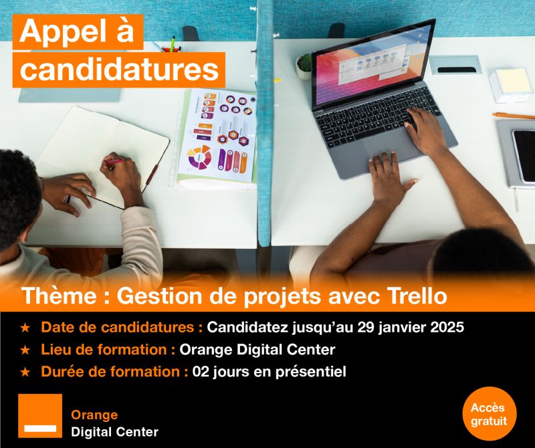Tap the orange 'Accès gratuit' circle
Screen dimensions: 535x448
[x=490, y=414]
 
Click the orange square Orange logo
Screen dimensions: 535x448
[x=40, y=416]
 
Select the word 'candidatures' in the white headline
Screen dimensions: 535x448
[x=119, y=70]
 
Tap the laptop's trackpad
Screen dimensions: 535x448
[x=387, y=144]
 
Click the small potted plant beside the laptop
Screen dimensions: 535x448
[x=304, y=67]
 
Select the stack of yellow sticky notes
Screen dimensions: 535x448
[x=510, y=84]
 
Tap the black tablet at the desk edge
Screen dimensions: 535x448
[x=524, y=155]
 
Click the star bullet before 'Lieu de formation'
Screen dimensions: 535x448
[x=25, y=350]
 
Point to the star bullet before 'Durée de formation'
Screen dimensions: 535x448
[x=25, y=372]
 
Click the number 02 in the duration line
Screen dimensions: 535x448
[x=200, y=372]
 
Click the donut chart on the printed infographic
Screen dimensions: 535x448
[x=200, y=157]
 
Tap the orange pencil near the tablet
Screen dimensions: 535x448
[x=514, y=116]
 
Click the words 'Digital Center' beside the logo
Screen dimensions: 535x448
[x=114, y=432]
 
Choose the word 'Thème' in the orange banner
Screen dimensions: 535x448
[x=59, y=296]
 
